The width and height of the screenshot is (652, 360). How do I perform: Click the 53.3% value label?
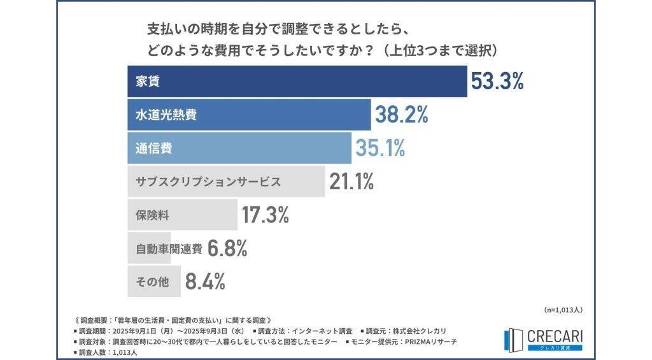[497, 81]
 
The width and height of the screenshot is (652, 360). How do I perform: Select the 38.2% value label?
[401, 115]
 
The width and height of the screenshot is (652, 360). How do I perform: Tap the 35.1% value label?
[380, 148]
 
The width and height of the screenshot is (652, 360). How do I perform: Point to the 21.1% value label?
[351, 182]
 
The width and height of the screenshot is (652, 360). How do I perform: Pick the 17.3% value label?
[266, 215]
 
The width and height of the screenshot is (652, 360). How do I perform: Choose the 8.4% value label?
[205, 282]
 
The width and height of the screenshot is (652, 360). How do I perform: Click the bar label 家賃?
[148, 82]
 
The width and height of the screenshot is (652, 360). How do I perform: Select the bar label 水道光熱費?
[166, 115]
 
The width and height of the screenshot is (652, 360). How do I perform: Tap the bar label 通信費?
[154, 148]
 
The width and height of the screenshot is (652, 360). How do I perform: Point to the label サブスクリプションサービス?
[208, 182]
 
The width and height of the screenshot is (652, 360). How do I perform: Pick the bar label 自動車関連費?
[169, 249]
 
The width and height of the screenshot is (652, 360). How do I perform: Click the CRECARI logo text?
[555, 336]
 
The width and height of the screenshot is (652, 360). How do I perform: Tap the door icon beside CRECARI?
[513, 340]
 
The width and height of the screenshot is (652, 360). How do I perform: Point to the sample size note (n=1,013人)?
[563, 310]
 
